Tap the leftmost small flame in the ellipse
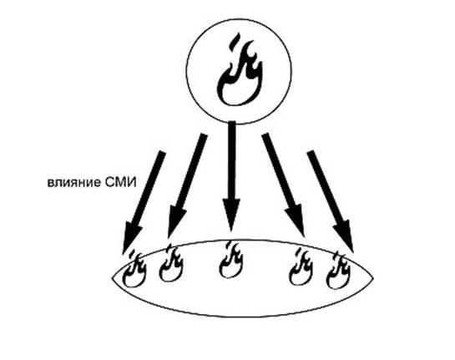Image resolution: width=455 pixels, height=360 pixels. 134,269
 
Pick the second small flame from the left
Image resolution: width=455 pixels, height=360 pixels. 171,263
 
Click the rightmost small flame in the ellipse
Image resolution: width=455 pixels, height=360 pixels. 338,271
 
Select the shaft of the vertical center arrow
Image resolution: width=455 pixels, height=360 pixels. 231,160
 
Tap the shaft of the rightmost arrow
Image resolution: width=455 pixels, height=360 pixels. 325,187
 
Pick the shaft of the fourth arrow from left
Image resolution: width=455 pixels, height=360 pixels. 279,170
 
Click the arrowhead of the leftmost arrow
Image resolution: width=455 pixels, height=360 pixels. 131,236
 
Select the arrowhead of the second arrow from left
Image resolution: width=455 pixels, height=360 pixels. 175,221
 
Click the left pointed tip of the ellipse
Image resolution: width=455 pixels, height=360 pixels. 113,279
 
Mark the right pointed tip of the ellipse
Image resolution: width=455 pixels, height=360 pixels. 373,278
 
